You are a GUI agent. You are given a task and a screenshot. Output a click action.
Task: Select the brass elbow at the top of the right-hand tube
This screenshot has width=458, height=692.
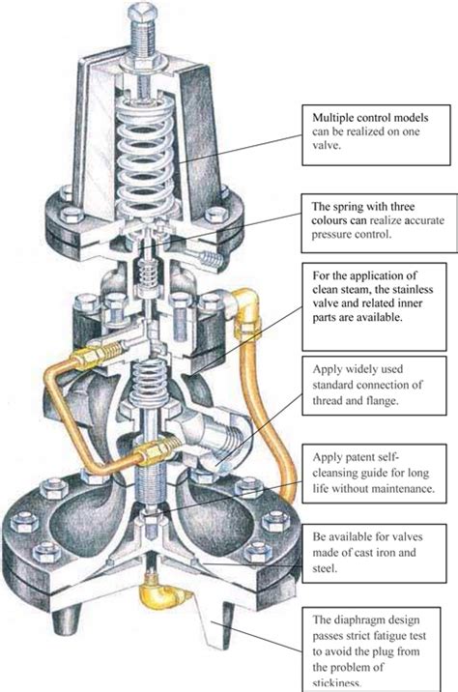coord(243,303)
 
